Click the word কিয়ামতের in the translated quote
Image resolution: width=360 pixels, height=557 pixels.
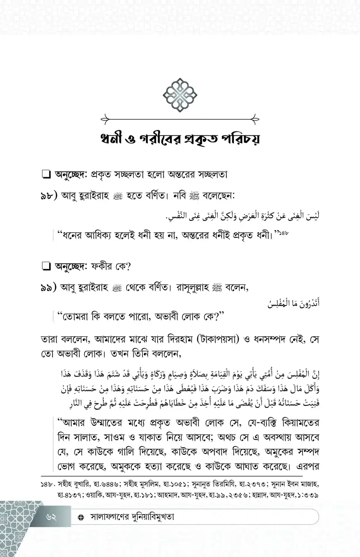(x=297, y=423)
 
